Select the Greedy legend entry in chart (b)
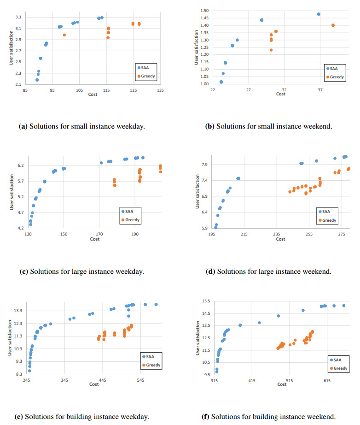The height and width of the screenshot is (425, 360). (337, 77)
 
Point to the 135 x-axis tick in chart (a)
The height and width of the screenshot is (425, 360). (160, 91)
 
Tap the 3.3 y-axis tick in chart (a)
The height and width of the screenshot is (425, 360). (17, 18)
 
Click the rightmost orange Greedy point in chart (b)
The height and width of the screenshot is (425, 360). (333, 25)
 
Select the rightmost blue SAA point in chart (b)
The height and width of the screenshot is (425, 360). (319, 14)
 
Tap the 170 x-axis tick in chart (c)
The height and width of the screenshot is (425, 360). (99, 234)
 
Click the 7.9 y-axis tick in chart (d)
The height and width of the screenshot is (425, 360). (203, 165)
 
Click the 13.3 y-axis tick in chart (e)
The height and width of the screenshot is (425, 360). (17, 311)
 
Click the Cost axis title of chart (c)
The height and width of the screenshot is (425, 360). (94, 239)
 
